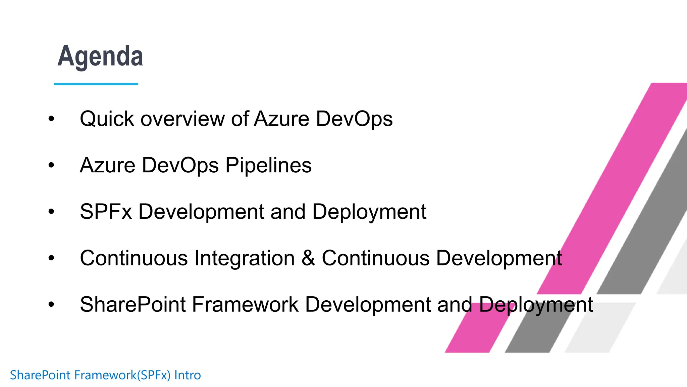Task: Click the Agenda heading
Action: tap(100, 56)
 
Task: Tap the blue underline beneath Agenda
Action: tap(96, 84)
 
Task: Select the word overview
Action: tap(182, 119)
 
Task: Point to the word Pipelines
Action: tap(268, 165)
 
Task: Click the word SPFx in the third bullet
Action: tap(106, 212)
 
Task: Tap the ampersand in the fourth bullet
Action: tap(308, 258)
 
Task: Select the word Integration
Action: tap(245, 258)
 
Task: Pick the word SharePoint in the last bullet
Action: tap(133, 304)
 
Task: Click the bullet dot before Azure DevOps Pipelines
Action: tap(51, 165)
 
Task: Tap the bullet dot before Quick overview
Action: tap(51, 119)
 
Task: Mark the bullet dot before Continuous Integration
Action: tap(51, 258)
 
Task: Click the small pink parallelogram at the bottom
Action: tap(473, 333)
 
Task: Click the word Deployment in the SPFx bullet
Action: tap(369, 212)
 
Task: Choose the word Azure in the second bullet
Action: tap(107, 165)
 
